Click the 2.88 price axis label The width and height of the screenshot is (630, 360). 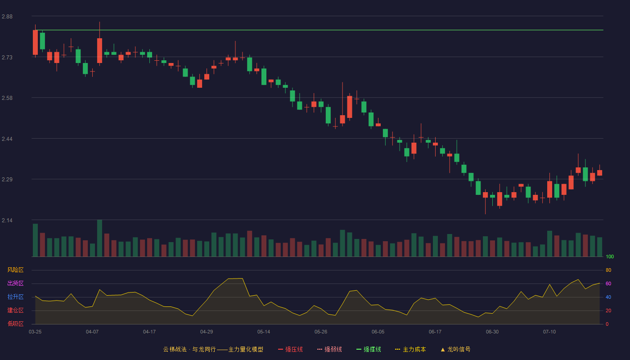point(7,17)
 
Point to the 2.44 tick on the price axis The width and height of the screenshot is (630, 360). point(7,139)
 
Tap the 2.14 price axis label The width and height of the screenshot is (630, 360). point(7,220)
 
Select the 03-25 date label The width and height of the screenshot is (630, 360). point(35,332)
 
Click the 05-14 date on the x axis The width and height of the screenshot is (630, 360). point(264,332)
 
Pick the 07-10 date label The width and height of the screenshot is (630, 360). point(549,332)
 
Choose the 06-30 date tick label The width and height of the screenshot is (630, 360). point(492,332)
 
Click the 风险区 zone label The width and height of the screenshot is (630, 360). point(15,270)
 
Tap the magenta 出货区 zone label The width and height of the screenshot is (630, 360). point(15,283)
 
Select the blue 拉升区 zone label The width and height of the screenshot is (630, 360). point(15,297)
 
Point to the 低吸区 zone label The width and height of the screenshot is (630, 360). point(15,324)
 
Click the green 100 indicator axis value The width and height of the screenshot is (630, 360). point(610,256)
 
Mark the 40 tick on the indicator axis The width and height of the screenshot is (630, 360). point(608,297)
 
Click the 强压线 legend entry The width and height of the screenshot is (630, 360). point(290,349)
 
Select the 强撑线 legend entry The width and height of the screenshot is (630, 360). point(369,349)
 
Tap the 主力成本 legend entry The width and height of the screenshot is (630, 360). point(410,349)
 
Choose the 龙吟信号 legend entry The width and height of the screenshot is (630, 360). point(455,349)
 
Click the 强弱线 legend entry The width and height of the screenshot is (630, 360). point(329,349)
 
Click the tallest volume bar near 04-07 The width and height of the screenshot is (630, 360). point(99,238)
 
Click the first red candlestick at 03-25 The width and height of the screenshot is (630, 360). point(35,42)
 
